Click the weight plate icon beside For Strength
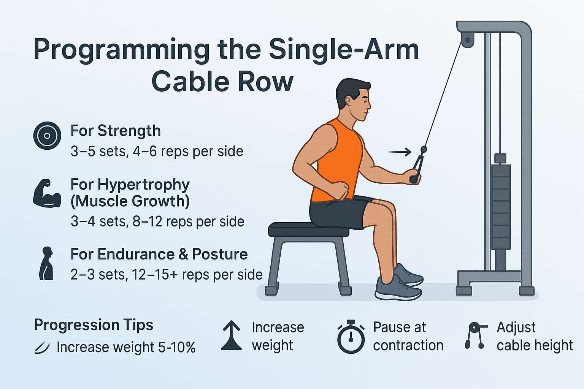47,136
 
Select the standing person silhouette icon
46,263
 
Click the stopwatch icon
351,337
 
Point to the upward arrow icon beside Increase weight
231,335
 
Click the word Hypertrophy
144,185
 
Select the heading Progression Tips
94,325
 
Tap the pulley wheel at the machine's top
467,40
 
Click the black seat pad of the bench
308,229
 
